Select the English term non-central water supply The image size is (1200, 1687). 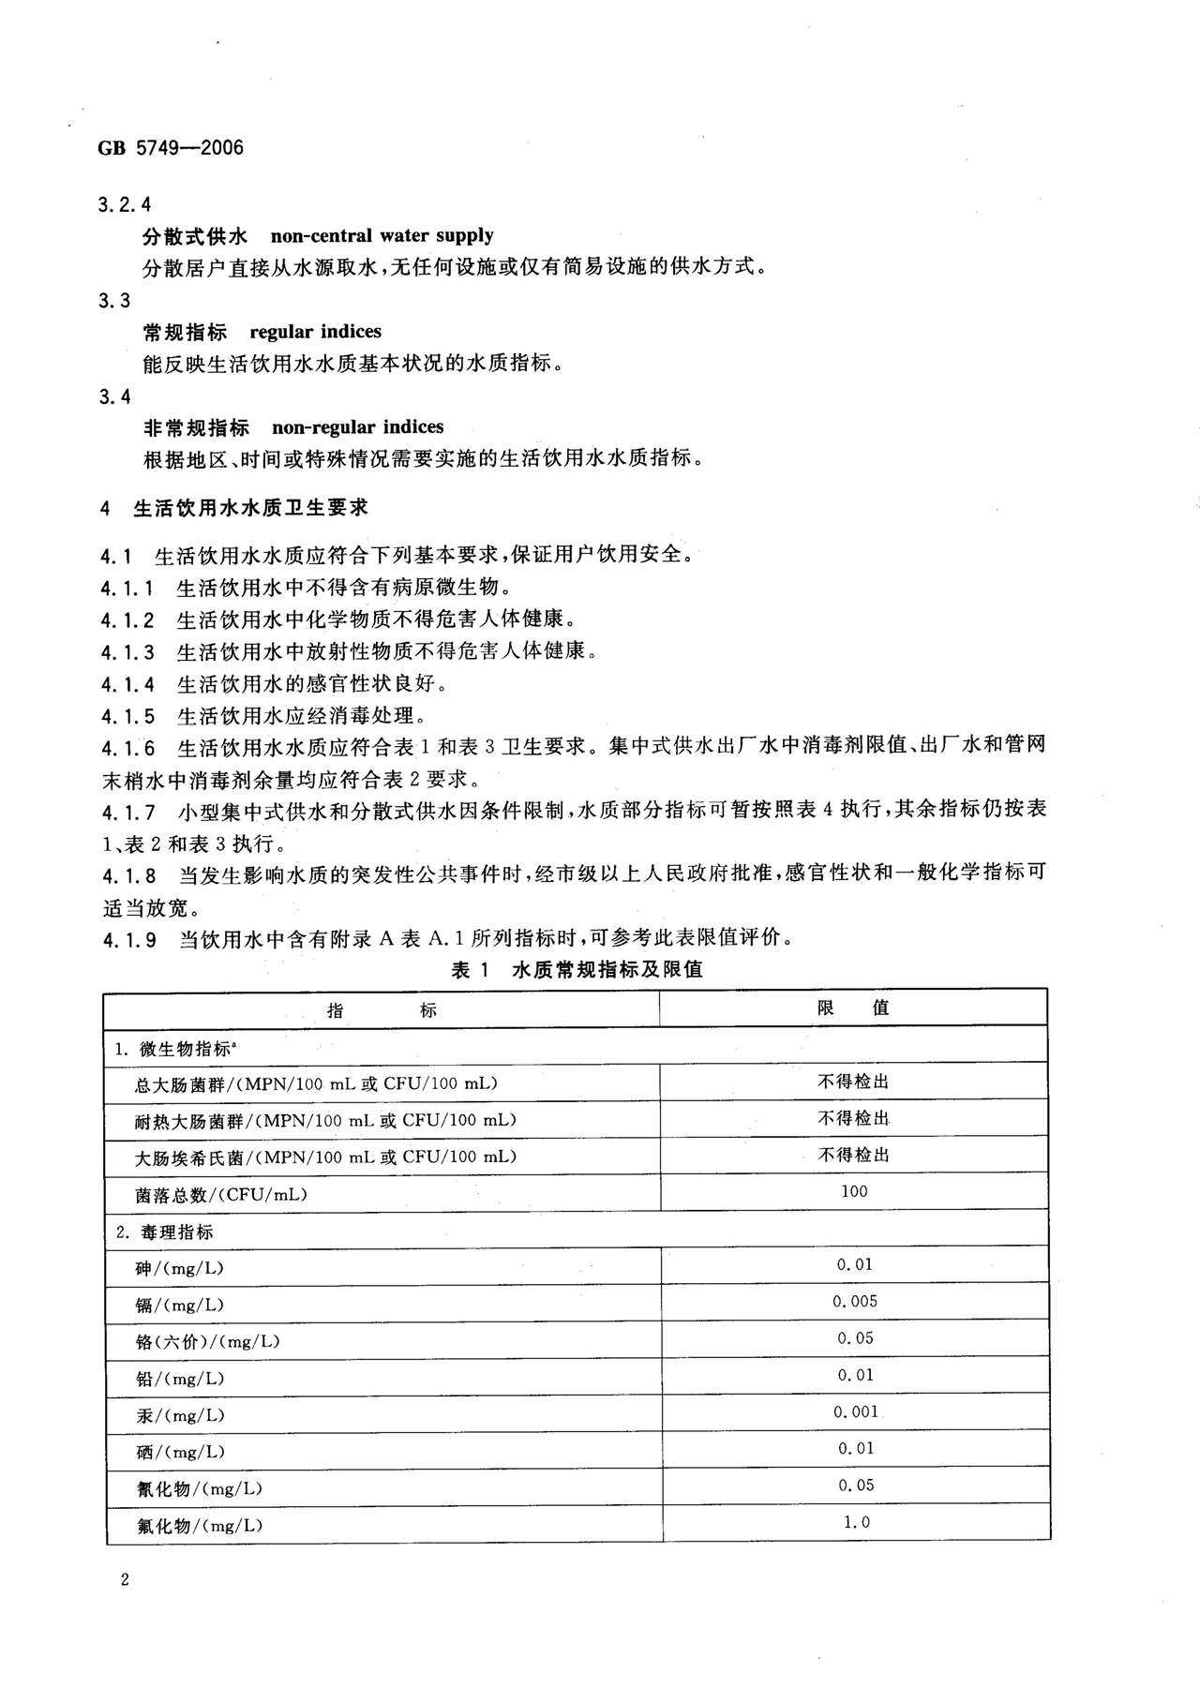(x=382, y=235)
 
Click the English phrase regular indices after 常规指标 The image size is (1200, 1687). (x=315, y=331)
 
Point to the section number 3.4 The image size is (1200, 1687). (x=114, y=396)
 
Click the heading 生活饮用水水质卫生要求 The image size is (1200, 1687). (x=250, y=507)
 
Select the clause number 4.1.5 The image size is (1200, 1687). (x=128, y=716)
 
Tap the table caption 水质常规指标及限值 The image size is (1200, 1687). (x=607, y=969)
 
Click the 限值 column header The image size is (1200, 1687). (x=853, y=1008)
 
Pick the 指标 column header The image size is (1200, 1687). (x=382, y=1009)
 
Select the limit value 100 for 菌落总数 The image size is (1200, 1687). (x=854, y=1191)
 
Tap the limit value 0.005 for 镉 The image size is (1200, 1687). (x=854, y=1301)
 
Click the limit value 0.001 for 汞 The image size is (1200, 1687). (x=854, y=1411)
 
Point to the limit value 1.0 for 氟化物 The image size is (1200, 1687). (x=856, y=1522)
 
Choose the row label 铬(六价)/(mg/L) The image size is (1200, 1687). (x=207, y=1341)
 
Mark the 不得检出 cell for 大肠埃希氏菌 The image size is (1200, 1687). (x=853, y=1155)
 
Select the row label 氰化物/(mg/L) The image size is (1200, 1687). (x=199, y=1488)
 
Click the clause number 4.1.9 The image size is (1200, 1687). (x=128, y=937)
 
